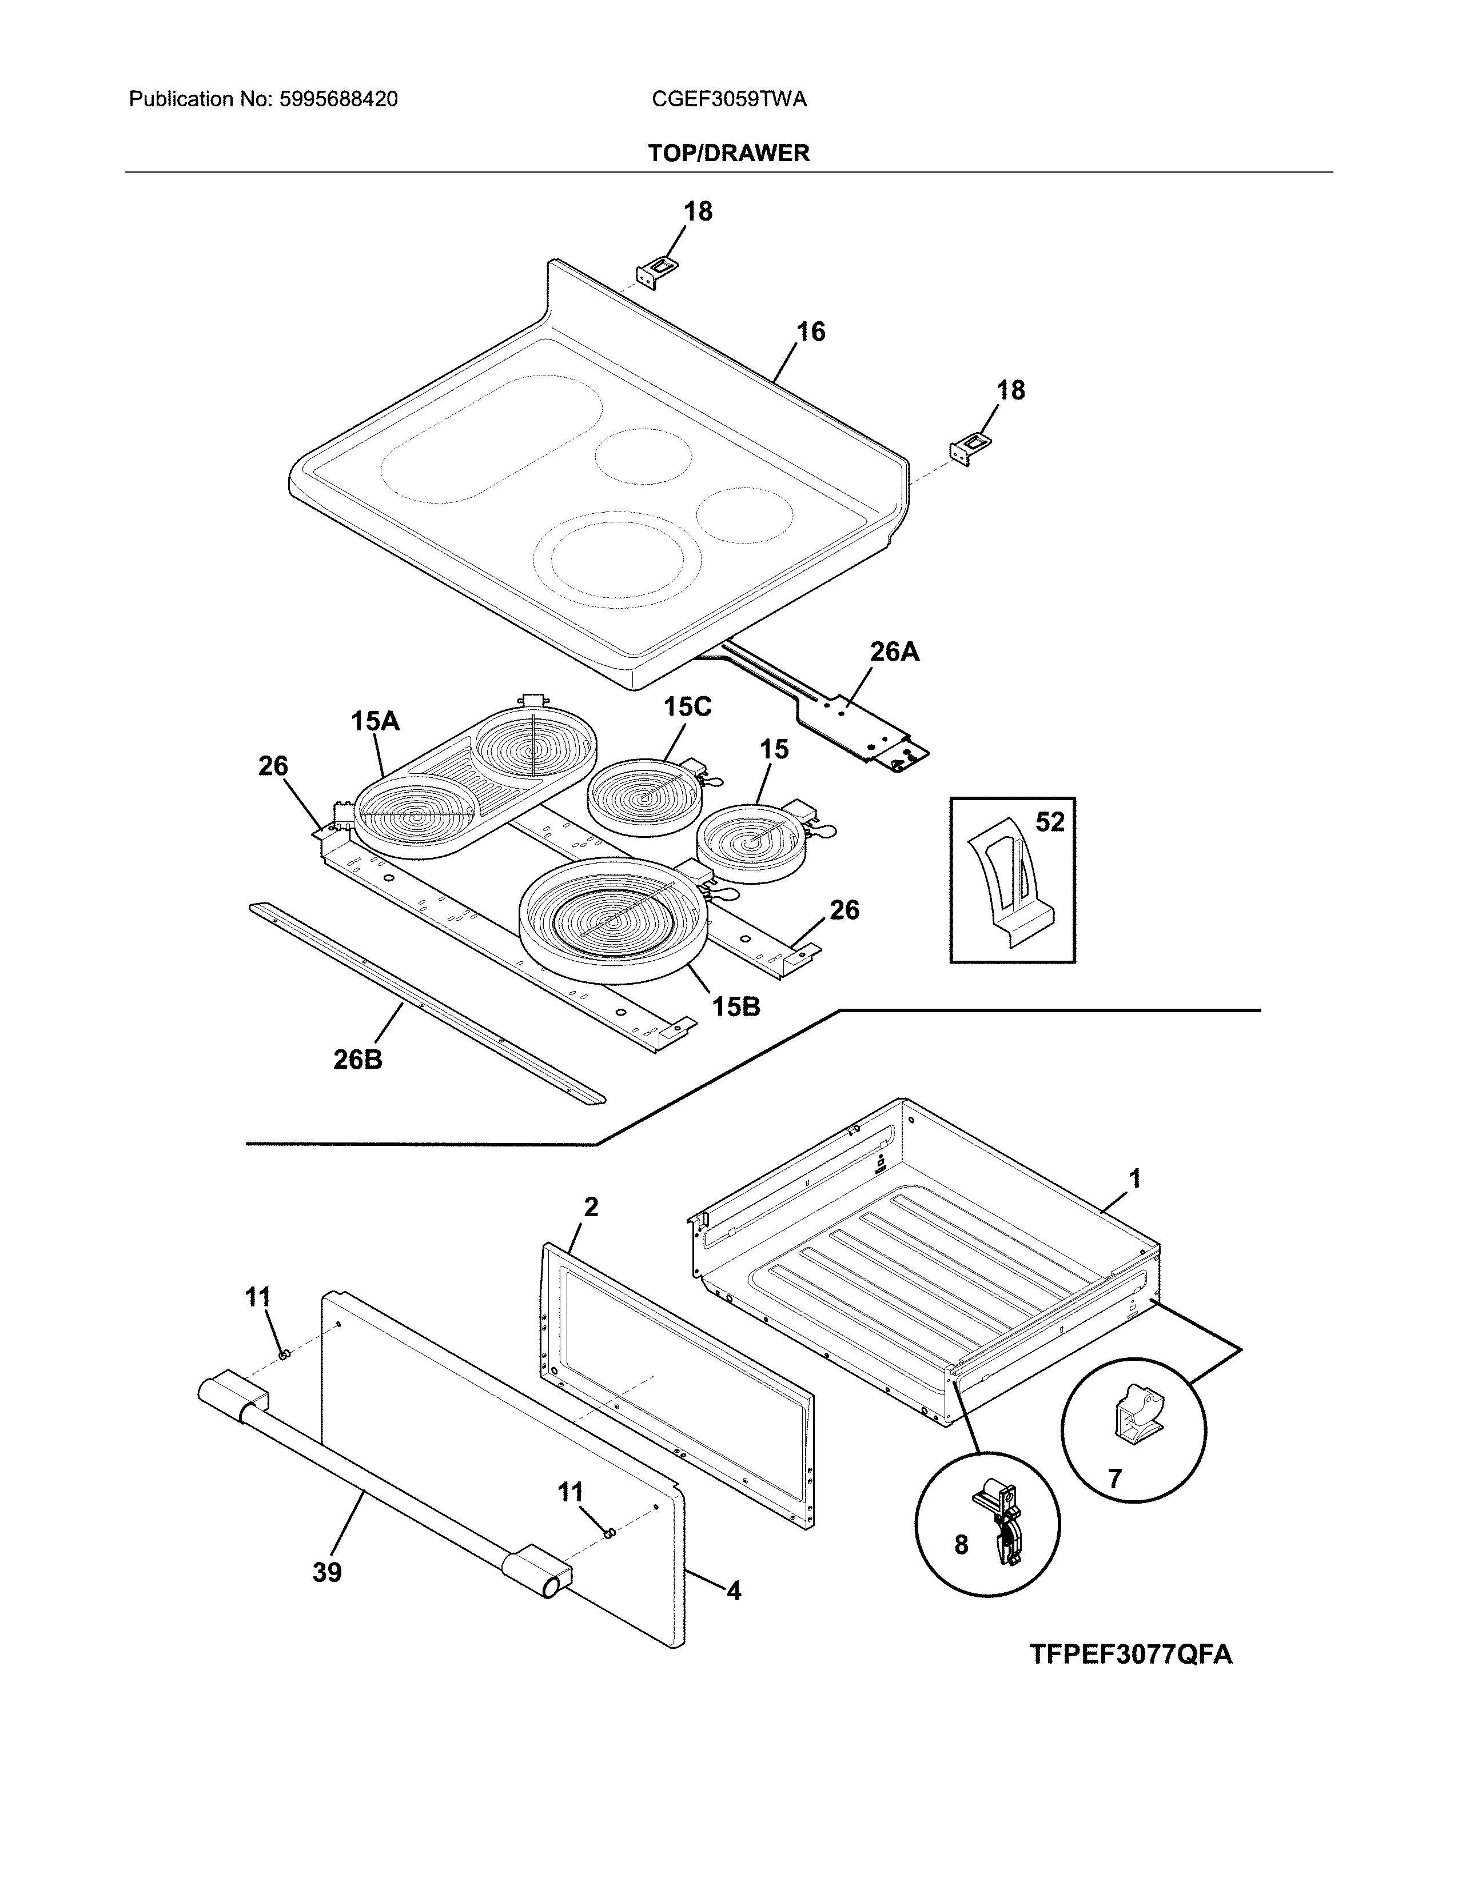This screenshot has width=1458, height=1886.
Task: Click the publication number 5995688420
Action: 338,99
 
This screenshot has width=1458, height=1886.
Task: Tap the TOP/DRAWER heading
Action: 728,153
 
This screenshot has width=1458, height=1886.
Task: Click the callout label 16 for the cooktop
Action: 810,331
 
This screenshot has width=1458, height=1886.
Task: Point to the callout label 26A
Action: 894,652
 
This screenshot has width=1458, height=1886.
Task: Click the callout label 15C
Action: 687,708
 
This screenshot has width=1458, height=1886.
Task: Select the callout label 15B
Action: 736,1006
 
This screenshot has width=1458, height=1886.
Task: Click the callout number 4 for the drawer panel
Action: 734,1591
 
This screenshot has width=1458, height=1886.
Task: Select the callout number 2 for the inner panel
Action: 591,1207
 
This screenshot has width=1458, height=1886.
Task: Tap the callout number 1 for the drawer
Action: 1134,1178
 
